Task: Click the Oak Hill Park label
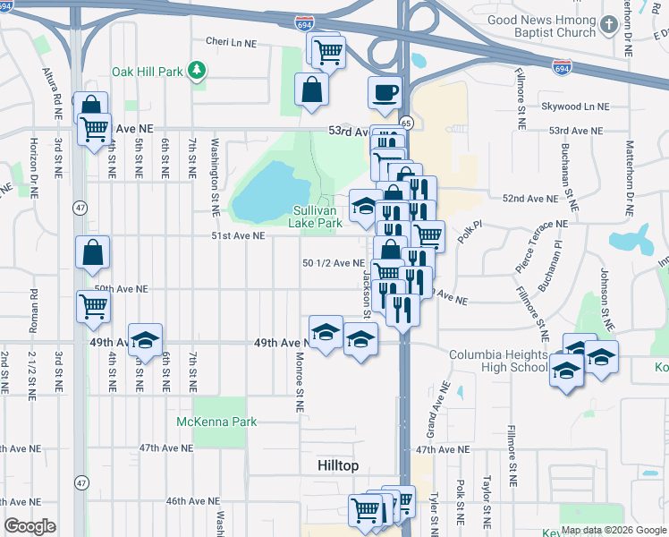click(x=147, y=71)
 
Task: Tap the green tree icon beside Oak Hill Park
click(x=198, y=70)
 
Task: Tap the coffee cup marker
click(x=385, y=92)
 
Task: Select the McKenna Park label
click(x=216, y=422)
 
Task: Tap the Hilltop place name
click(x=338, y=466)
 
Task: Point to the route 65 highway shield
click(x=406, y=122)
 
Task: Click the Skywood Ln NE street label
click(x=574, y=106)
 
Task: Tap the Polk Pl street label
click(x=470, y=234)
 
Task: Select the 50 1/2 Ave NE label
click(x=334, y=263)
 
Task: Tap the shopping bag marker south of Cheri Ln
click(x=311, y=90)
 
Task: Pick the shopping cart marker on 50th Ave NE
click(x=93, y=307)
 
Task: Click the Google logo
click(x=30, y=526)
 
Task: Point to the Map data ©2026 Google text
click(x=613, y=530)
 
